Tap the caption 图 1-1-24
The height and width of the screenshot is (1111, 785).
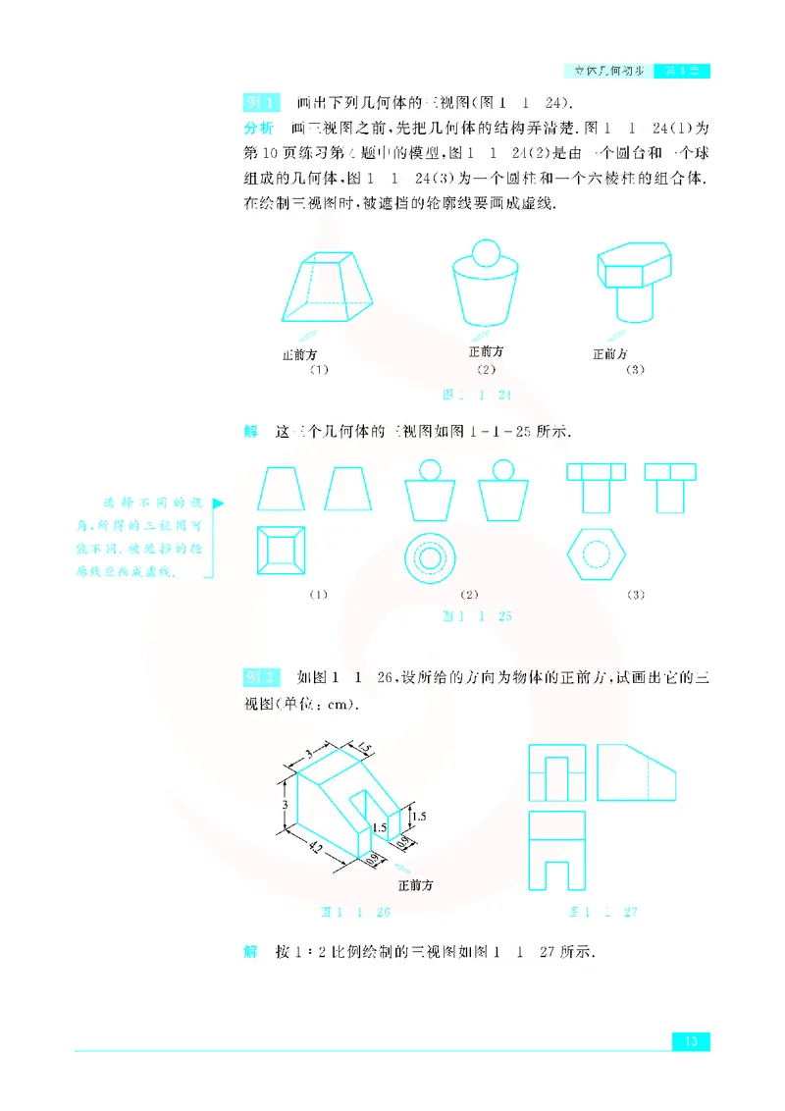(479, 395)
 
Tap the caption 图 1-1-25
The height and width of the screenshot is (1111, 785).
(479, 616)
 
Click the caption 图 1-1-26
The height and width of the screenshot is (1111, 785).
(356, 912)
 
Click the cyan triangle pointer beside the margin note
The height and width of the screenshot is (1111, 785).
(218, 503)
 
